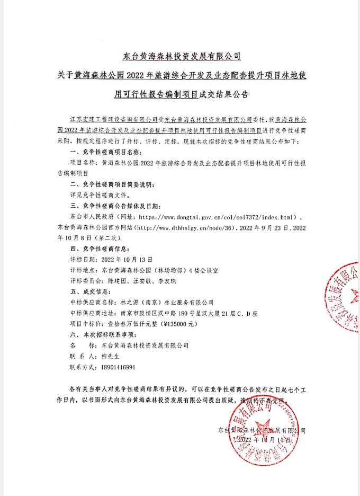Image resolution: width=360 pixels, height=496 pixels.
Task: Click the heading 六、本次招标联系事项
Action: (103, 334)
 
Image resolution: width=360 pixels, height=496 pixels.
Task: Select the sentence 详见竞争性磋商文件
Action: (101, 194)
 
